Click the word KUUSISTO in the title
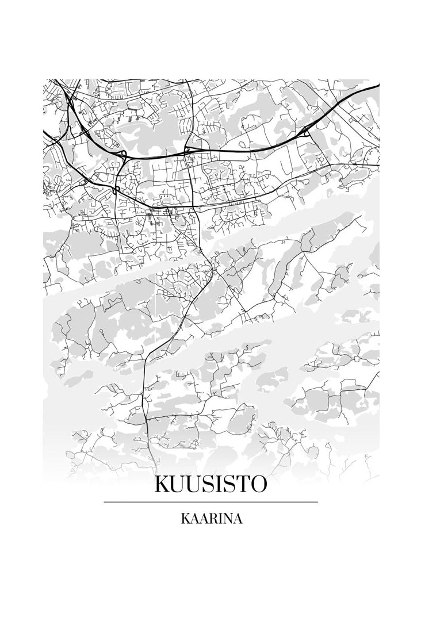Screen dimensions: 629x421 (x=210, y=484)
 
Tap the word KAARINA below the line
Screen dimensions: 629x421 (x=210, y=519)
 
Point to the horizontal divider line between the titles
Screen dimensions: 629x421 (x=210, y=502)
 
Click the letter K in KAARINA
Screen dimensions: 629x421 (x=185, y=519)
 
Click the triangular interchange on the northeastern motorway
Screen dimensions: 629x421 (x=306, y=131)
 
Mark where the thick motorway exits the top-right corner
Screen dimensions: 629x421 (x=378, y=86)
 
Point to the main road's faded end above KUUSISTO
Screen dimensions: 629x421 (x=154, y=460)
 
